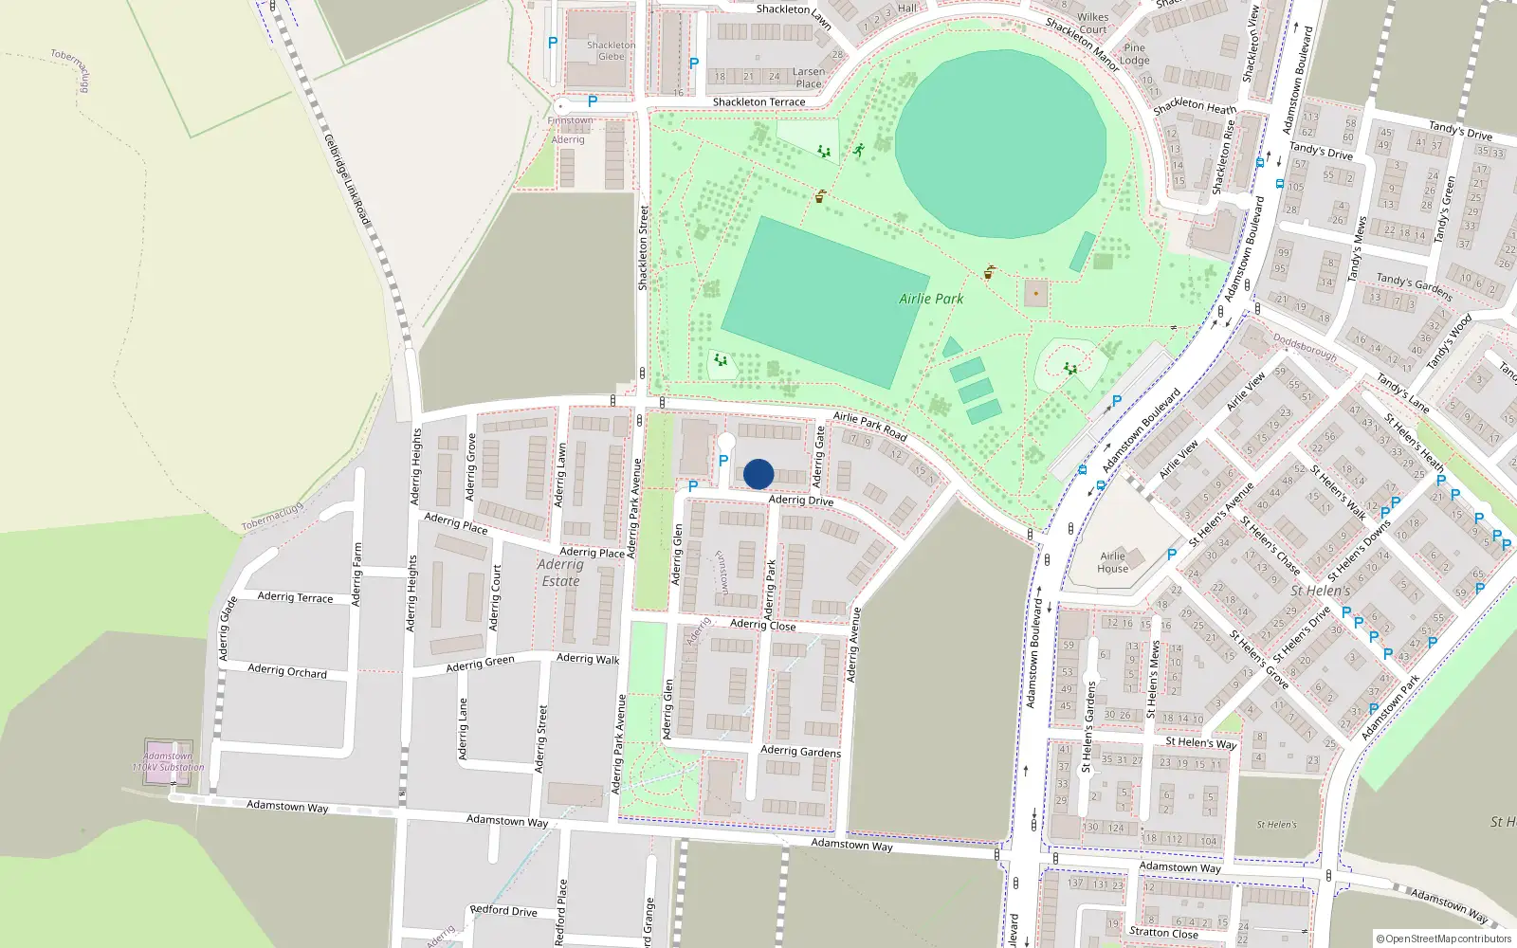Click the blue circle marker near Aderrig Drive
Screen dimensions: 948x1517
pos(758,474)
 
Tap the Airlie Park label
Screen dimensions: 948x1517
pos(931,299)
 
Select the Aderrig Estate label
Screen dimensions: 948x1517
pos(560,573)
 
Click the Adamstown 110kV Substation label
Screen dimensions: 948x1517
pos(168,762)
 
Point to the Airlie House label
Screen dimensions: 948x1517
pos(1113,563)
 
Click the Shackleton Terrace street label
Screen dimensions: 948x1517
pos(758,101)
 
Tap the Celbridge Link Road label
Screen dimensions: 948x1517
pos(347,180)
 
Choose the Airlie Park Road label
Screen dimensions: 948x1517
pos(869,427)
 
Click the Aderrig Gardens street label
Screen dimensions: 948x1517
pos(800,751)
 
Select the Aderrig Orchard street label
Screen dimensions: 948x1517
pos(287,671)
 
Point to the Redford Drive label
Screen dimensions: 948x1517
pos(503,910)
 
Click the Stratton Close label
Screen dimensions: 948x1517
pos(1163,932)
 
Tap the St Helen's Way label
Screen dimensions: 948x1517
pos(1200,742)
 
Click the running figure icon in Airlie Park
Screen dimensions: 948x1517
pos(858,150)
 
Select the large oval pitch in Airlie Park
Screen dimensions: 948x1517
pos(1000,152)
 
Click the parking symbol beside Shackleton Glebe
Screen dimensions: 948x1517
pos(553,43)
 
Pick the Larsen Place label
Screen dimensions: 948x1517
pos(809,78)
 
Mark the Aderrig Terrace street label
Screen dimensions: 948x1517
pos(295,597)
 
